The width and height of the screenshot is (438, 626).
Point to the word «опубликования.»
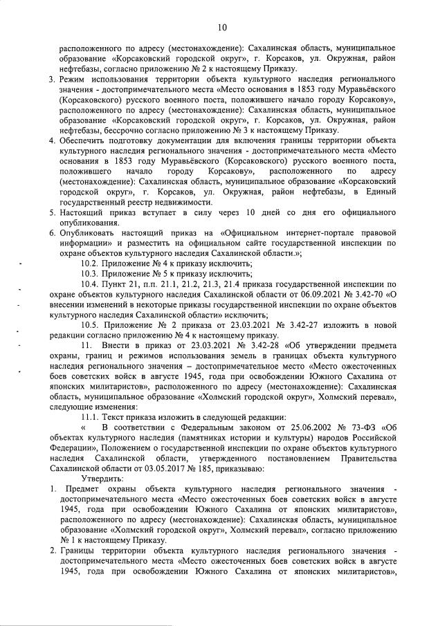point(91,222)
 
